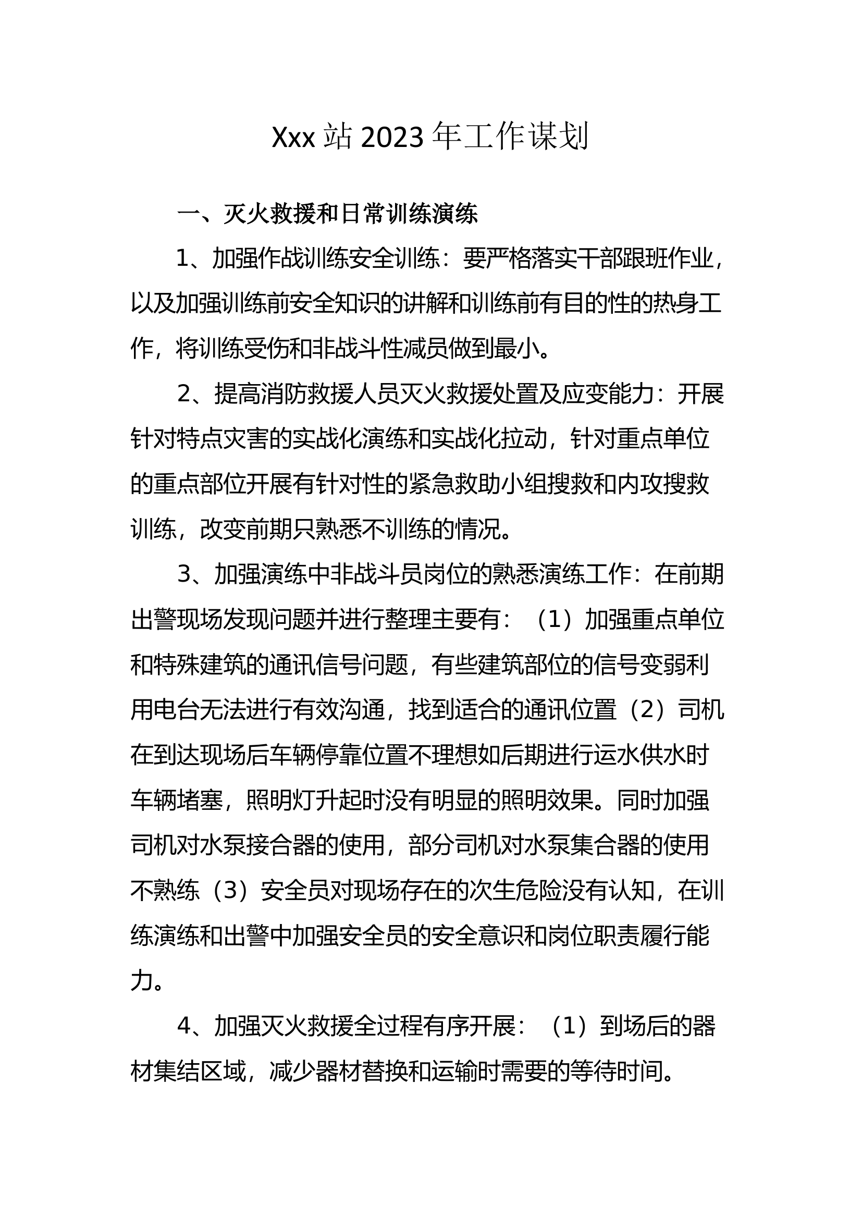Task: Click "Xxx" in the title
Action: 293,138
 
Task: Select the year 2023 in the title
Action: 392,138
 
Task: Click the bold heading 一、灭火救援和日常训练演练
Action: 327,214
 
